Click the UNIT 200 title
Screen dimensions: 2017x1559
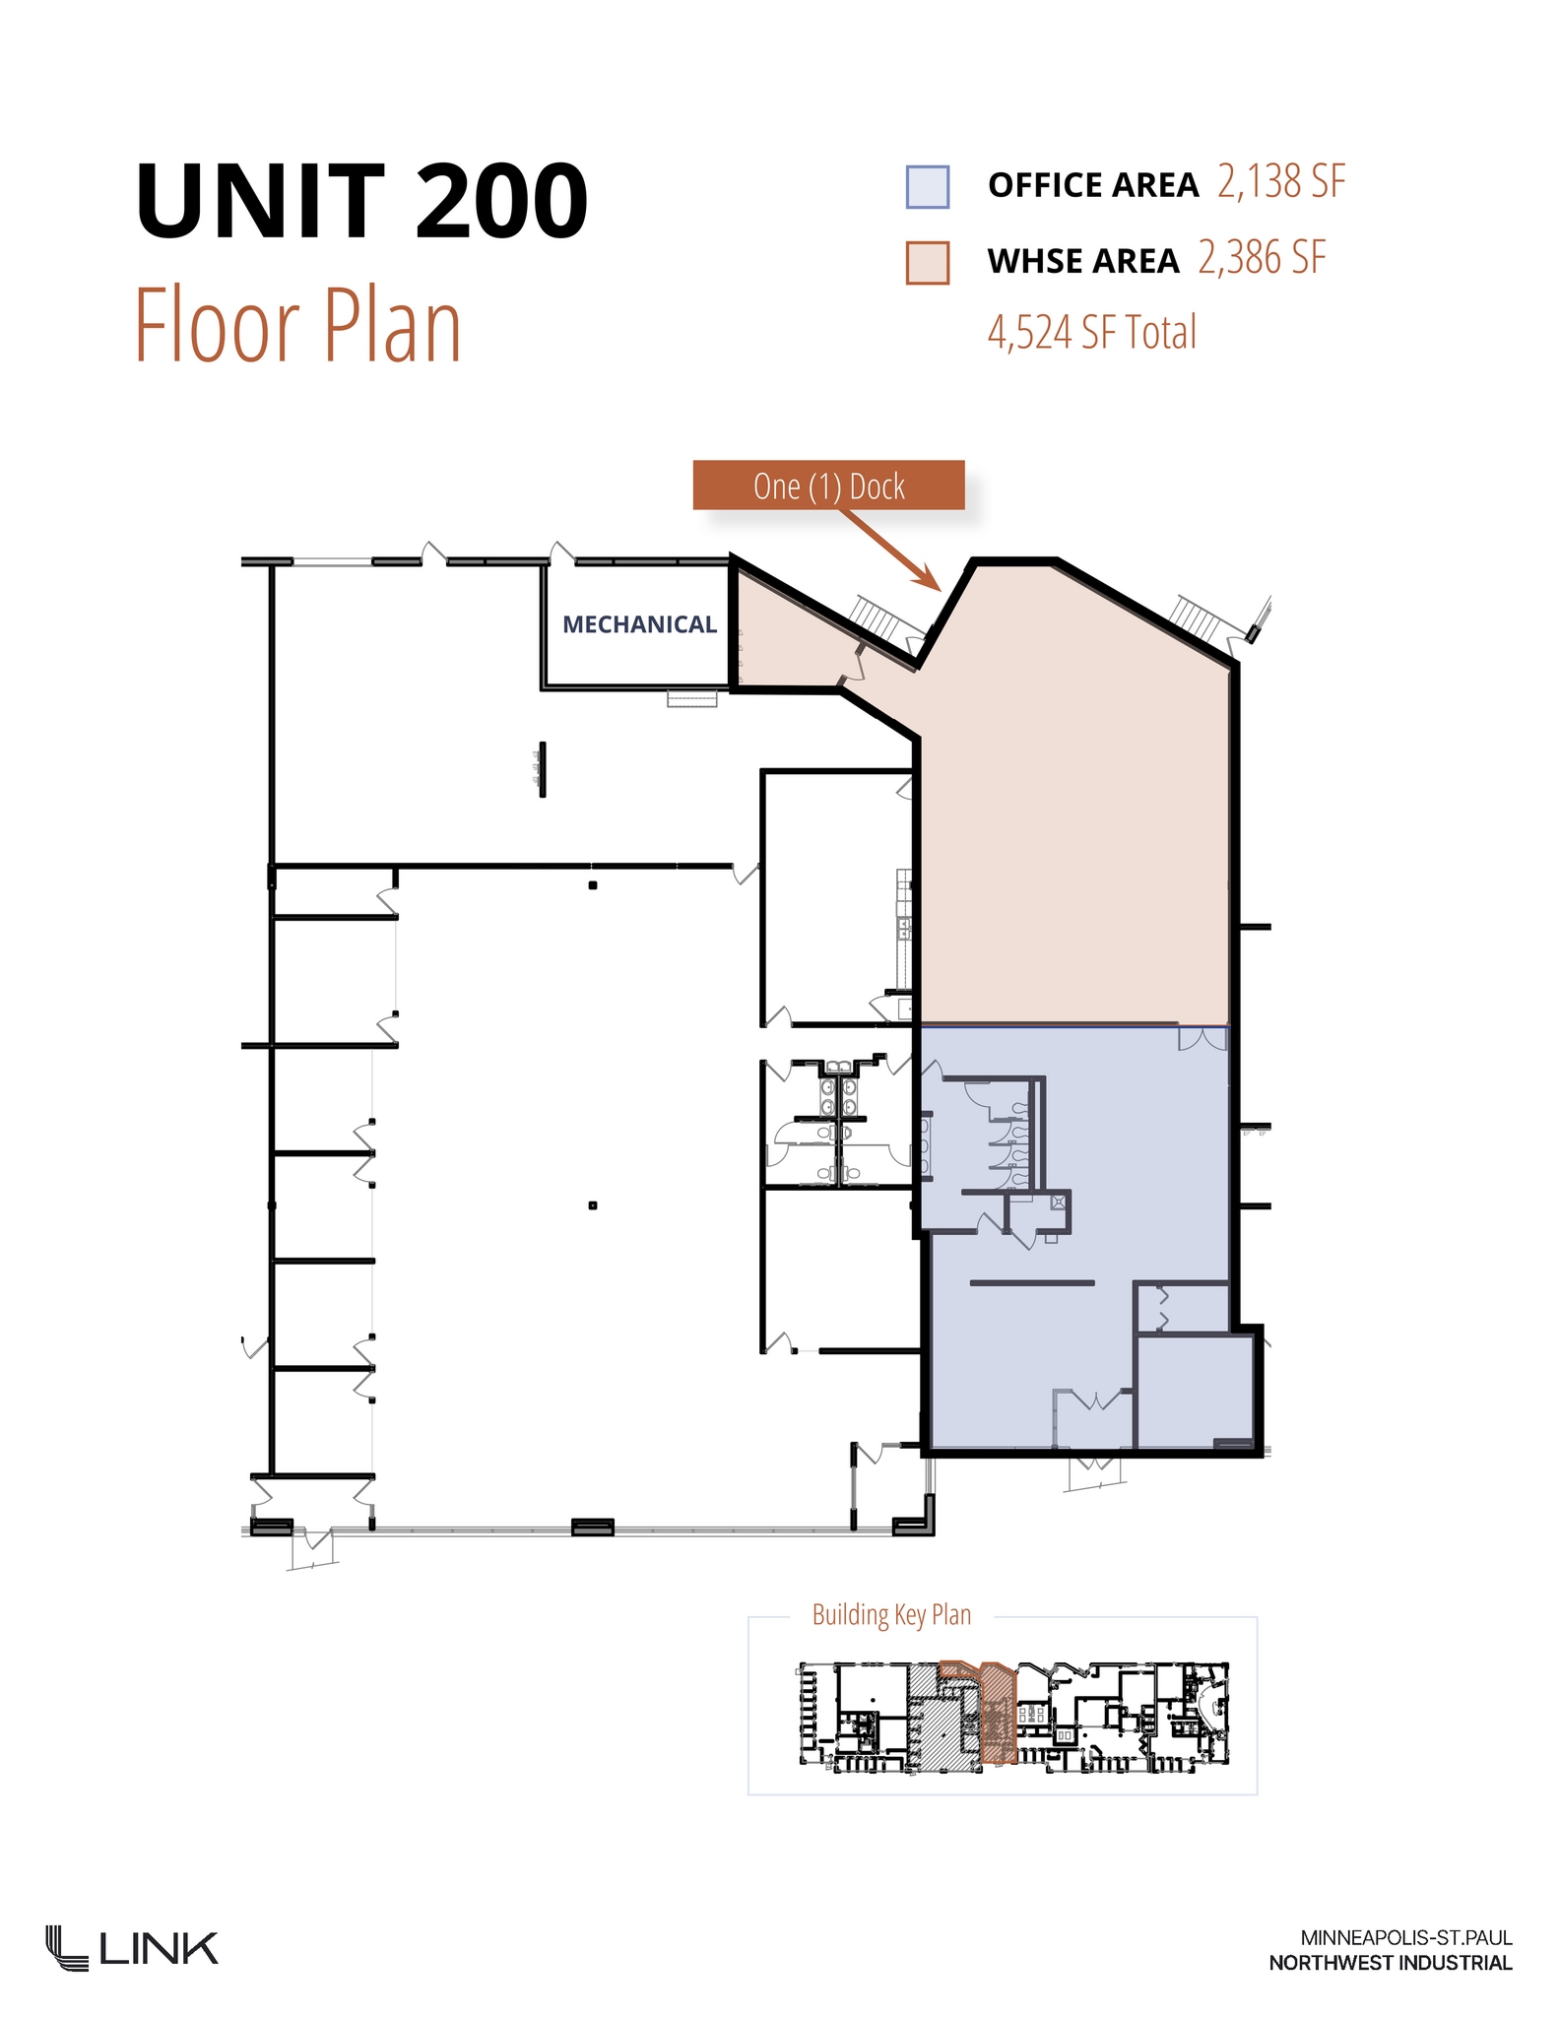coord(361,202)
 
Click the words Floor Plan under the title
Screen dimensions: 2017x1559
coord(297,325)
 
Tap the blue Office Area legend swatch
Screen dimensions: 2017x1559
coord(927,187)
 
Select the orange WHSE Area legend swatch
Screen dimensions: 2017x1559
coord(927,263)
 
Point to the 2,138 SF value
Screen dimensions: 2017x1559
coord(1280,182)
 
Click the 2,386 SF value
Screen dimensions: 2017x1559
coord(1262,258)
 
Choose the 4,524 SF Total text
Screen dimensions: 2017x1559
coord(1091,333)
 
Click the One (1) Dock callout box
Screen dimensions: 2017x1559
coord(828,486)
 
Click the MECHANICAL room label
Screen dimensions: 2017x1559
coord(639,624)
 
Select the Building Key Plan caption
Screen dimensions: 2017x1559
coord(891,1615)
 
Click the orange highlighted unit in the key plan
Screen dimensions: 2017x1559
coord(997,1715)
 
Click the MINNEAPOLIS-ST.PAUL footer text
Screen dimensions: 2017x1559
coord(1405,1938)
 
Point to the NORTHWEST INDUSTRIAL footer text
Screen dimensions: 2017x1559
coord(1390,1963)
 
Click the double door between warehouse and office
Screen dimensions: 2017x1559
coord(1202,1037)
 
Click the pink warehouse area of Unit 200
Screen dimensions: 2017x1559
coord(1073,847)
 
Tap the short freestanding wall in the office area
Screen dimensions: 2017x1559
coord(1031,1283)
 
